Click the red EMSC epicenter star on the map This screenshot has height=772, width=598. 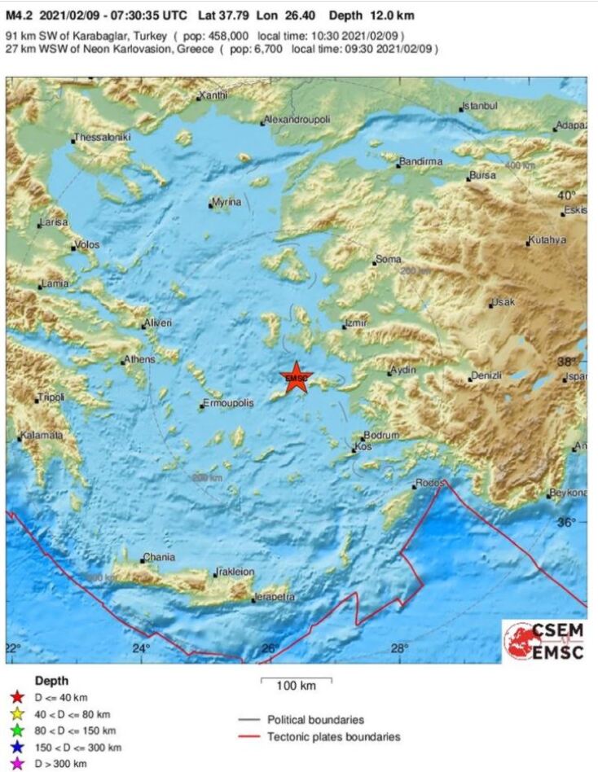296,377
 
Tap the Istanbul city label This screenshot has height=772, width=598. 480,106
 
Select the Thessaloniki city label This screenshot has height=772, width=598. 102,138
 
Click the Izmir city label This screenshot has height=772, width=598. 357,323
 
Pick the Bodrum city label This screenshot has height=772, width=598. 380,436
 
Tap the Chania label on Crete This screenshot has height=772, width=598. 158,558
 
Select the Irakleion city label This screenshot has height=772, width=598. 235,572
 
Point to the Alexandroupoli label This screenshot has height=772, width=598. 297,120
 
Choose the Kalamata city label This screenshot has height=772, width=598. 42,436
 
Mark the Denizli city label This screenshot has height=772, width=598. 486,375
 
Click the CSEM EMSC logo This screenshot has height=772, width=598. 543,641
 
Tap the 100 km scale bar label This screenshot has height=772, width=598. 295,686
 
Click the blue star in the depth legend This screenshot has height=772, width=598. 14,747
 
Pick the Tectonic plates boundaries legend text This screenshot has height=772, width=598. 334,737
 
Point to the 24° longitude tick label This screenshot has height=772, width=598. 140,648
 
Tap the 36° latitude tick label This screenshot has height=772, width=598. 565,522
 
